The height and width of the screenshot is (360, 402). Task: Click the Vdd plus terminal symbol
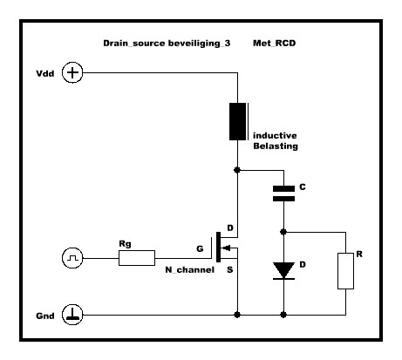pos(72,72)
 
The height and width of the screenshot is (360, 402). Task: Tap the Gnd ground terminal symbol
pos(72,315)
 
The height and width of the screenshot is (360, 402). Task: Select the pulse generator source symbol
pos(72,258)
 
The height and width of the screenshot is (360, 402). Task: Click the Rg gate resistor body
pos(137,258)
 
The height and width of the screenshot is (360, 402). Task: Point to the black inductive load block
pos(238,121)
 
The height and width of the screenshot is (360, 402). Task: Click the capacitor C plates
pos(283,194)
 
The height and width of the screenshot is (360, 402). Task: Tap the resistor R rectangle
pos(345,271)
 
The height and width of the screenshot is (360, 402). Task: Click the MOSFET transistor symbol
pos(224,248)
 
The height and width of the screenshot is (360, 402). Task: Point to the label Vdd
pos(45,73)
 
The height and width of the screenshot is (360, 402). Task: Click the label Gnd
pos(45,316)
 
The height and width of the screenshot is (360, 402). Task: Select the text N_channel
pos(189,270)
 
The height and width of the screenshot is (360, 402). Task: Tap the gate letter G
pos(200,248)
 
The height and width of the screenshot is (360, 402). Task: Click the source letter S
pos(230,270)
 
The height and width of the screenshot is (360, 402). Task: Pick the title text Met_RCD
pos(275,44)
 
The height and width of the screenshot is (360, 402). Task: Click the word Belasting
pos(276,146)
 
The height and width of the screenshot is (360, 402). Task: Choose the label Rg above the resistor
pos(125,244)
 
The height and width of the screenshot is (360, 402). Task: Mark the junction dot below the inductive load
pos(237,170)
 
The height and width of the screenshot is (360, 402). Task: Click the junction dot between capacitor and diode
pos(283,232)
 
